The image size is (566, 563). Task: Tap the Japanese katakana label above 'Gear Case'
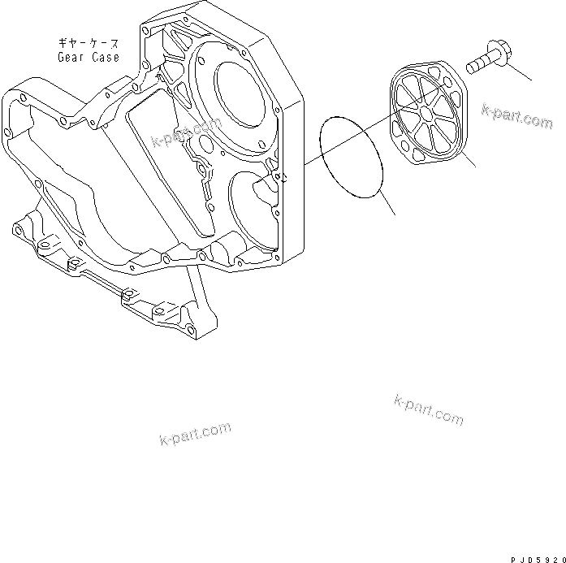pyautogui.click(x=88, y=43)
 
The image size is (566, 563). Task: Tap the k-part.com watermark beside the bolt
pyautogui.click(x=516, y=115)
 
